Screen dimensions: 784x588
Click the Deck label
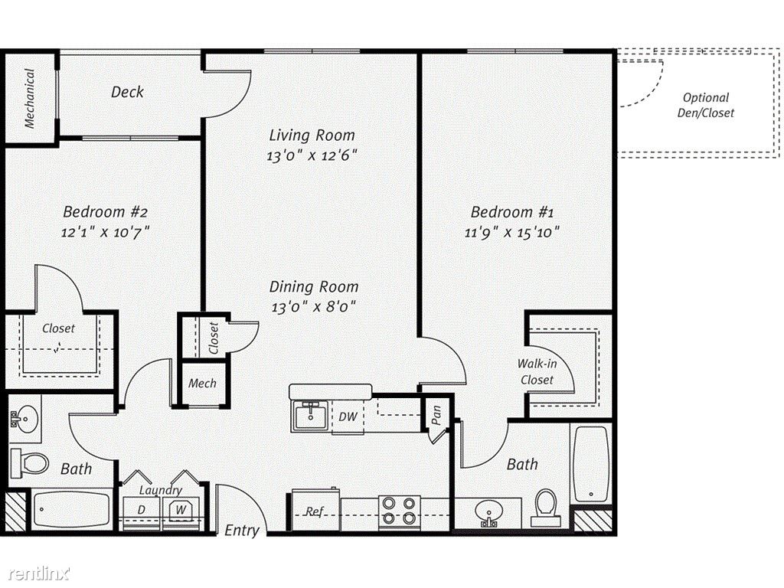[x=128, y=92]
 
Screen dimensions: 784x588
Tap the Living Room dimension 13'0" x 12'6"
[x=312, y=155]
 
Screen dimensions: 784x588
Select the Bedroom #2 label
[x=106, y=211]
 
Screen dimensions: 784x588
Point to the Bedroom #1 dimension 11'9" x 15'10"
[x=512, y=233]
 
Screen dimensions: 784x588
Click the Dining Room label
[x=314, y=286]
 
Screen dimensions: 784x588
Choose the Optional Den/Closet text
[x=705, y=106]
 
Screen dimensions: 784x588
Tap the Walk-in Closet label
[x=537, y=371]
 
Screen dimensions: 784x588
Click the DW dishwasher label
[x=348, y=416]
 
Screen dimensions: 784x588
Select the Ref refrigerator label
[x=315, y=511]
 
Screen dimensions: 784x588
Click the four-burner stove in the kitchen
[x=399, y=511]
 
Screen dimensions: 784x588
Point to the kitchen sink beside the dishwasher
[x=310, y=416]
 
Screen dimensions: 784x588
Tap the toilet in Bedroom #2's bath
[x=30, y=463]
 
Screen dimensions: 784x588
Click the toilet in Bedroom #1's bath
[x=545, y=507]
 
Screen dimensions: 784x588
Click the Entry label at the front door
[x=241, y=530]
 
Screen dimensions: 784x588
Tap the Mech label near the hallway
[x=202, y=384]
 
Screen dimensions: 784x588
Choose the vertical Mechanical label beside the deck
[x=30, y=98]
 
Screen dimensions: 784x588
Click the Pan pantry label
[x=436, y=415]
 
